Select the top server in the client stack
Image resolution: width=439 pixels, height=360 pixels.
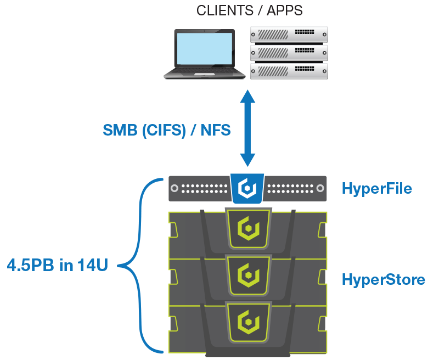coord(289,35)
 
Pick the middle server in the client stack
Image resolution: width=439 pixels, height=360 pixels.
coord(289,53)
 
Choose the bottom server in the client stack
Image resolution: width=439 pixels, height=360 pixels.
coord(289,71)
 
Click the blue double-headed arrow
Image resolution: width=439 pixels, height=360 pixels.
coord(248,129)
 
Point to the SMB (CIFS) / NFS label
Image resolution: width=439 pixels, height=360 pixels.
coord(167,130)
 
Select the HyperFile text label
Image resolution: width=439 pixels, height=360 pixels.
coord(376,189)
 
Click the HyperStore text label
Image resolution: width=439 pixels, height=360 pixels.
coord(383,280)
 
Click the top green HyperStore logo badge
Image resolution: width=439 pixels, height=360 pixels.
coord(247,227)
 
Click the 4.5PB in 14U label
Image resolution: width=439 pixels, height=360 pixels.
coord(58,266)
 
